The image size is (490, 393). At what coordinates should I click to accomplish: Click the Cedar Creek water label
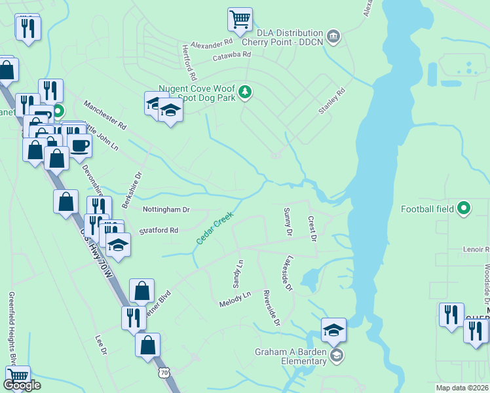tap(216, 229)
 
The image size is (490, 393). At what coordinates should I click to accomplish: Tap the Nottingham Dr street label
tap(166, 210)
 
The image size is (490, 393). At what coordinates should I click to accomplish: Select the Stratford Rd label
tap(159, 231)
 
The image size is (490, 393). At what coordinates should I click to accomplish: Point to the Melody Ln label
tap(235, 298)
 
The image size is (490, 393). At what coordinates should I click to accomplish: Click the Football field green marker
tap(464, 209)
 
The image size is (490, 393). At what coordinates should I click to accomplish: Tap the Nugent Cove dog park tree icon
tap(245, 91)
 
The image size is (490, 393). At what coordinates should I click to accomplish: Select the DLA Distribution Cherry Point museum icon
tap(333, 35)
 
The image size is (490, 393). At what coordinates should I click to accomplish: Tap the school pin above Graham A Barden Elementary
tap(333, 330)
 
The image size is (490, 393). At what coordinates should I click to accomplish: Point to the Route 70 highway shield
tap(164, 373)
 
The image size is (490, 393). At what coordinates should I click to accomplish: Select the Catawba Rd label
tap(232, 56)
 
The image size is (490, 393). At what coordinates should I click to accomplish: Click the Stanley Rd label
tap(331, 102)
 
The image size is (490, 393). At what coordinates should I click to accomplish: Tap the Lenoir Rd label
tap(475, 250)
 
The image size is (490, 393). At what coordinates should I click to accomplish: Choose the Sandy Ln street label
tap(238, 274)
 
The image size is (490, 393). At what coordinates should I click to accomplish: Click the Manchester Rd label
tap(104, 115)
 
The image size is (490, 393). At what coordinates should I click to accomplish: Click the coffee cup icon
tap(80, 145)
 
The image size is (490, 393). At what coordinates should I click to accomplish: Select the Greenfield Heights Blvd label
tap(11, 328)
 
